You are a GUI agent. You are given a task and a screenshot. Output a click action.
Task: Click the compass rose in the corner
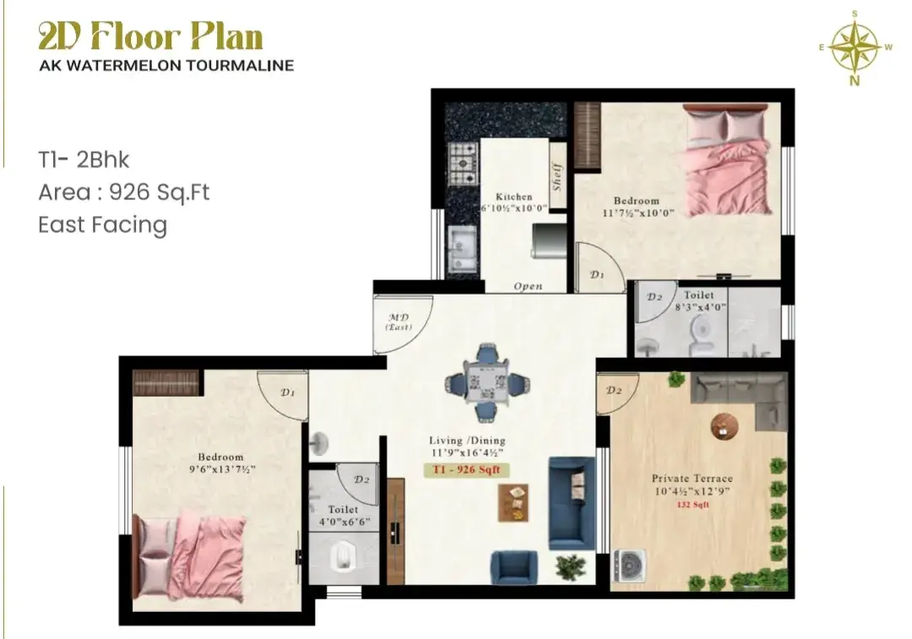tap(855, 47)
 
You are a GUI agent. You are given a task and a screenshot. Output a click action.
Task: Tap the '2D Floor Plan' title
tap(150, 37)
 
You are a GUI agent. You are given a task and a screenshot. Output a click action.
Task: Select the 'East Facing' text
tap(102, 225)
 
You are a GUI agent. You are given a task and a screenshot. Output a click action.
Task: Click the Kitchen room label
tap(513, 197)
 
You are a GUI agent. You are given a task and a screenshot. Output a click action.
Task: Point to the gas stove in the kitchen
tap(463, 163)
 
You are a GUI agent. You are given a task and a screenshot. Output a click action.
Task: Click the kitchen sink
tap(463, 247)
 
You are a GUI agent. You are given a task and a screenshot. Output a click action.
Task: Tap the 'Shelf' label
tap(558, 176)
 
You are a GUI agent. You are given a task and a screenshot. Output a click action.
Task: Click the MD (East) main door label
tap(399, 322)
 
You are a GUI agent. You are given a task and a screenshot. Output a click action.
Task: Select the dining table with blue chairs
tap(487, 382)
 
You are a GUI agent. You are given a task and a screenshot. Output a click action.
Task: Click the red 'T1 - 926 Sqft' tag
tap(466, 470)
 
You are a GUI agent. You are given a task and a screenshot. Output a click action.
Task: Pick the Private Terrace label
tap(692, 479)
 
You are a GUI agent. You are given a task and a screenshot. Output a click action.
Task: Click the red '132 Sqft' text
tap(692, 505)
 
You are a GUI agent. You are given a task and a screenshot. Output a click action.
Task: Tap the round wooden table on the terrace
tap(725, 426)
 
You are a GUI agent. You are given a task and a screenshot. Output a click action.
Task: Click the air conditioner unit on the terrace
tap(629, 566)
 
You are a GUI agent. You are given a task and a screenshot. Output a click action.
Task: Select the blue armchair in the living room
tap(513, 567)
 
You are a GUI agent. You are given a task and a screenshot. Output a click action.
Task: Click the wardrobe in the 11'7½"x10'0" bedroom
tap(587, 136)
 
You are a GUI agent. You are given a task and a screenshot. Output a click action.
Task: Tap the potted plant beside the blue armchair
tap(571, 567)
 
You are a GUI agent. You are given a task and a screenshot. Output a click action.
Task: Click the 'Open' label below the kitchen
tap(528, 286)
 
